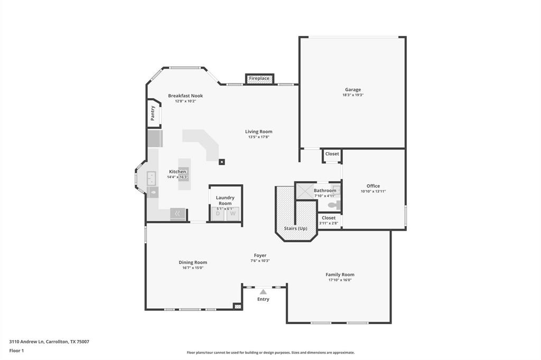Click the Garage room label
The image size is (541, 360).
tap(353, 90)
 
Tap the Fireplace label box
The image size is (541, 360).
tap(259, 79)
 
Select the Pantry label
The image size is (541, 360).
tap(153, 113)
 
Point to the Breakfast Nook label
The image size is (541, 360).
tap(185, 96)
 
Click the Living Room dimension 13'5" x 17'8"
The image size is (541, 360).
tap(259, 137)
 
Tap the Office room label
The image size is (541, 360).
tap(373, 186)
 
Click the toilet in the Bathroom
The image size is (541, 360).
tap(333, 206)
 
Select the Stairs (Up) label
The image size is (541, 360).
tap(295, 229)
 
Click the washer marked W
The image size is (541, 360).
tap(232, 214)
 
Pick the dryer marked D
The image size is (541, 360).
tap(218, 214)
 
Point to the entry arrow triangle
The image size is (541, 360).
tap(263, 291)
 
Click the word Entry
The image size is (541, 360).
tap(263, 299)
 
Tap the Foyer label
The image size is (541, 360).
tap(260, 255)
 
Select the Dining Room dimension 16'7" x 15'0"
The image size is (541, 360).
tap(192, 268)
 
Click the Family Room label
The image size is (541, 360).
tap(340, 274)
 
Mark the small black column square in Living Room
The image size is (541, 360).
tap(222, 162)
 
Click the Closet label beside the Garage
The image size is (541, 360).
tap(332, 154)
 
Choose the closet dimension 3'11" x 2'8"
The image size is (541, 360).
tap(329, 223)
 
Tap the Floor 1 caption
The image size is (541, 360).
tap(16, 350)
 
